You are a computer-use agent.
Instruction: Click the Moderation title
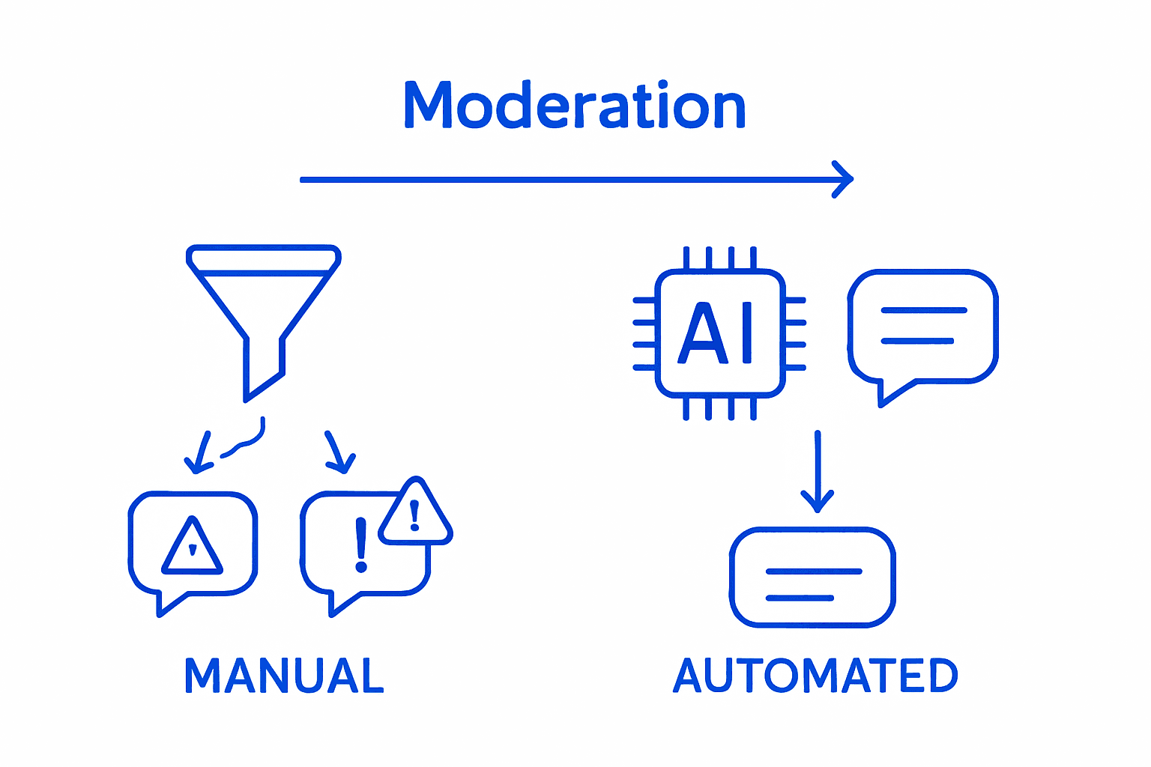pos(575,106)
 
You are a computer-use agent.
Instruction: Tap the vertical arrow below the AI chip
pos(818,472)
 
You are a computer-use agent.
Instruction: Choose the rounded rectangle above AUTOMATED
pos(813,577)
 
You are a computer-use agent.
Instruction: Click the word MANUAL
pos(284,676)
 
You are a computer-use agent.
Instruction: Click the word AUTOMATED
pos(815,676)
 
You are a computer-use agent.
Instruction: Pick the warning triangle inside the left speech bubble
pos(193,546)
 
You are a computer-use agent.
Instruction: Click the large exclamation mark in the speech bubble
pos(361,545)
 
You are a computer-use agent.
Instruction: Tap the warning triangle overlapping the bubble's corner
pos(414,513)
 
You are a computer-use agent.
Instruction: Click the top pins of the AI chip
pos(719,258)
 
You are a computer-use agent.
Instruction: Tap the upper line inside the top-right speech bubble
pos(923,310)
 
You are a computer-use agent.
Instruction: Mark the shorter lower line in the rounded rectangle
pos(800,598)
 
